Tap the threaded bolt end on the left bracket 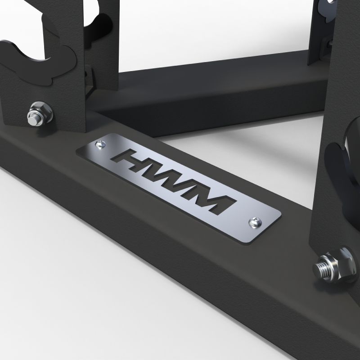click(32, 119)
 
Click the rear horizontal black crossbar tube click(216, 85)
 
